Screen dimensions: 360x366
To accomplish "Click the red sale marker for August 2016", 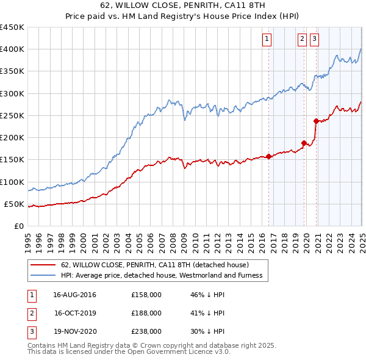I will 268,156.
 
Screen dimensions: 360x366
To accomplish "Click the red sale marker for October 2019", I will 304,143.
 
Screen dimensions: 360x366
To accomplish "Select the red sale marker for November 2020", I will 316,121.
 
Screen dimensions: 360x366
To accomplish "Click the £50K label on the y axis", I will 14,204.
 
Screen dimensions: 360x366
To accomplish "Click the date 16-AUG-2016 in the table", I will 74,294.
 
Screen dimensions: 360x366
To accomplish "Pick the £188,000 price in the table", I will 146,313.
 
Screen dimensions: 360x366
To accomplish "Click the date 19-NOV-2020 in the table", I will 74,331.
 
